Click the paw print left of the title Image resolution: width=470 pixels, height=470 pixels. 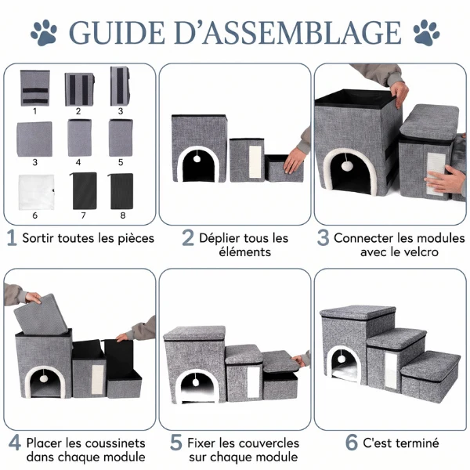[44, 33]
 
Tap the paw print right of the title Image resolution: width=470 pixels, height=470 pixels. [426, 33]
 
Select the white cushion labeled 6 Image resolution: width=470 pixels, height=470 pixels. [36, 192]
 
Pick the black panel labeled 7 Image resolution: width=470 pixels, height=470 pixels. [84, 190]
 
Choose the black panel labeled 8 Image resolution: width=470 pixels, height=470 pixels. [121, 191]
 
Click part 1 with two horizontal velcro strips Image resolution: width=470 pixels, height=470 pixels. [34, 88]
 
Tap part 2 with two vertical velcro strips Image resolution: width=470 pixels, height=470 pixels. [79, 89]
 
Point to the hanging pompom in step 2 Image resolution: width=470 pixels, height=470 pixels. [197, 158]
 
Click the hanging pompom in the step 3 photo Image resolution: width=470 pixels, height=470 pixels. [347, 166]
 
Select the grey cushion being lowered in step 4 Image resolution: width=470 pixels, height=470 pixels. [41, 314]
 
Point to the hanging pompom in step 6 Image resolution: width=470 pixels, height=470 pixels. [342, 359]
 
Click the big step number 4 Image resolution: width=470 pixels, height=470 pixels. [15, 443]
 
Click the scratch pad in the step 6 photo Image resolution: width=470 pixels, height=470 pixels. [390, 367]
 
